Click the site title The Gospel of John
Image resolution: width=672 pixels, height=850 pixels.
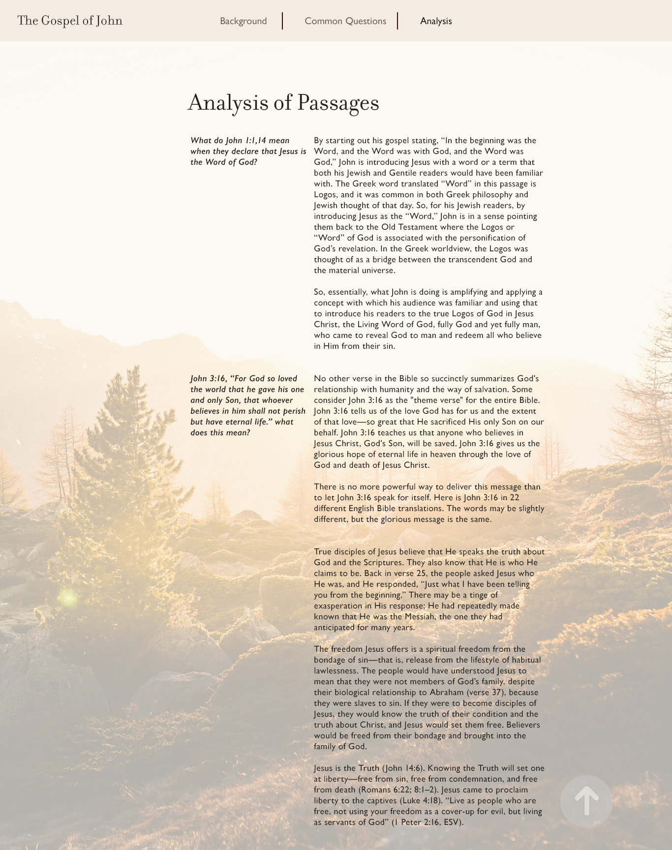tap(70, 21)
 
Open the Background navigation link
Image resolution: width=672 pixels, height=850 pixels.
tap(243, 21)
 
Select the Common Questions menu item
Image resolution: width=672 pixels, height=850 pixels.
tap(345, 21)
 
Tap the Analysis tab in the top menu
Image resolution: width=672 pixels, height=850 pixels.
tap(436, 21)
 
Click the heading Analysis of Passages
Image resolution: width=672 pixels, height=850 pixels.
tap(283, 102)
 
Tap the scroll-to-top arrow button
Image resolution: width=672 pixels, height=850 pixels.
tap(586, 801)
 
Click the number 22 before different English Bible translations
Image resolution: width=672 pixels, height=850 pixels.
tap(515, 497)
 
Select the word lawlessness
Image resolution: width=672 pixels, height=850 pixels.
tap(336, 670)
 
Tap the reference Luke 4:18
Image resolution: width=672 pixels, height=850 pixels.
tap(425, 800)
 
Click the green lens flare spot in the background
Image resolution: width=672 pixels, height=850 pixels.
tap(68, 598)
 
